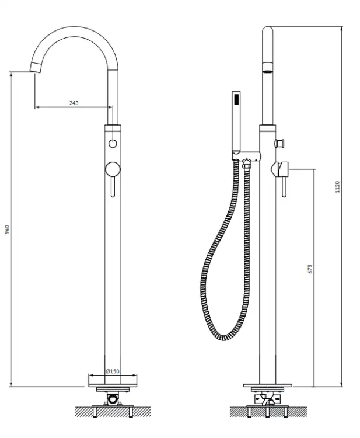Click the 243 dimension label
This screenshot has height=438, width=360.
[74, 103]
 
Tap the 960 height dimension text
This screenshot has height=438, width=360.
[7, 229]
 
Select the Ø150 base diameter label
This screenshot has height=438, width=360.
[113, 371]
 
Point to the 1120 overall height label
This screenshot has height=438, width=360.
[337, 187]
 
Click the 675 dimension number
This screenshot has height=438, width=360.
[310, 269]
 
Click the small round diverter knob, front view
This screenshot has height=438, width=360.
[113, 144]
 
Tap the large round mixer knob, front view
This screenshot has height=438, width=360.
[113, 169]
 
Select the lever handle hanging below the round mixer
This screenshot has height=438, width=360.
[113, 187]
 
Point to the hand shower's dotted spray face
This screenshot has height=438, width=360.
[236, 99]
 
